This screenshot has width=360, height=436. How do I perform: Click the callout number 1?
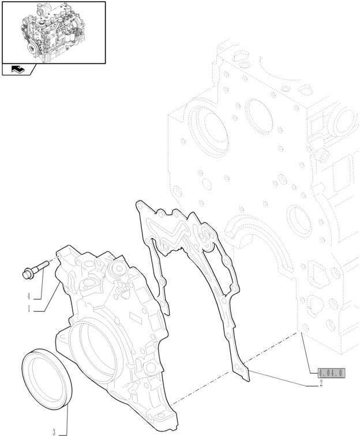29,308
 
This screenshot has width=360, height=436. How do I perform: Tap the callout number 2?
321,383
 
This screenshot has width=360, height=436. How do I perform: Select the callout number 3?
54,432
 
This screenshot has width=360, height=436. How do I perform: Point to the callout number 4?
29,296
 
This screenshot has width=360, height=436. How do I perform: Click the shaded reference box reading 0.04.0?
331,372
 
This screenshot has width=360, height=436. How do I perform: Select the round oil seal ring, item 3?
47,379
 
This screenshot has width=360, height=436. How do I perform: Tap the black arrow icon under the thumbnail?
18,69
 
